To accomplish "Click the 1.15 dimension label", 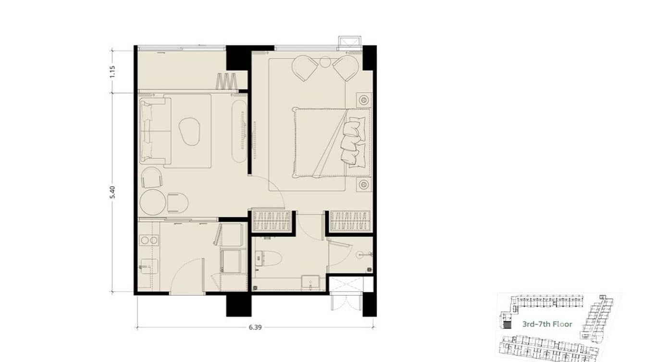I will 112,71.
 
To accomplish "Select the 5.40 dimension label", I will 112,192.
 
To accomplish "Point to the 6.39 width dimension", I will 256,327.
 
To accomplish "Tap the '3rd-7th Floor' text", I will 547,324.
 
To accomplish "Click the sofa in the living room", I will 153,131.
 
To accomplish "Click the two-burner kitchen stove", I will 149,240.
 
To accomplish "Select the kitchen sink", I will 149,265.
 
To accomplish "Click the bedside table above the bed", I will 363,100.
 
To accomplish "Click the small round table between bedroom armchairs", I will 325,62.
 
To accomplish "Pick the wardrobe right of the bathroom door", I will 350,221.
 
